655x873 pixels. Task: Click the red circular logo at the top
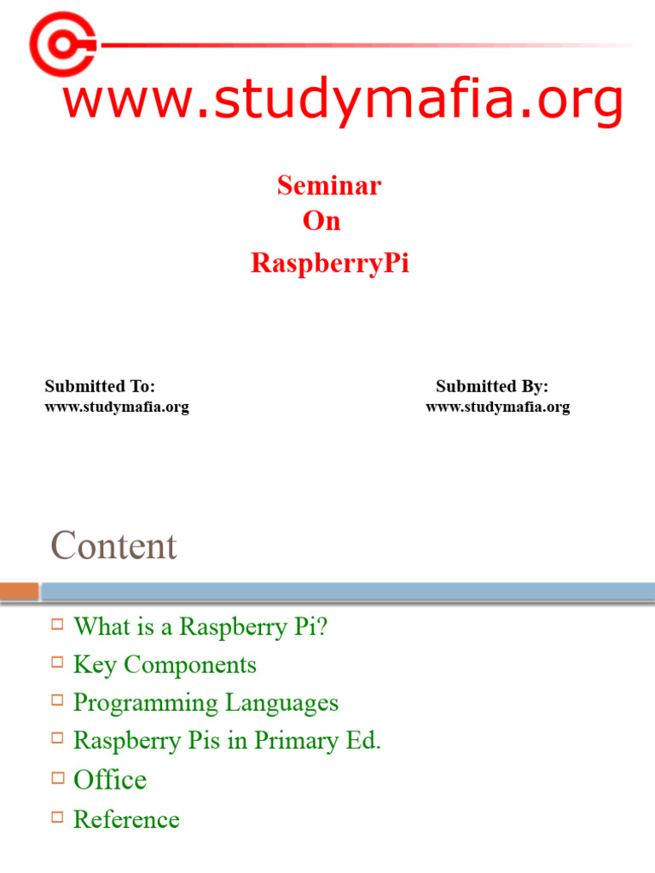[62, 43]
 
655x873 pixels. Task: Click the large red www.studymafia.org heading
[343, 101]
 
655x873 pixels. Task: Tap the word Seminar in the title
[329, 185]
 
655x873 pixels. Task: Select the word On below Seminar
[322, 221]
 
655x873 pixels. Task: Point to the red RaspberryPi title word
[330, 263]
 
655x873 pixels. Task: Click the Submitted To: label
[100, 386]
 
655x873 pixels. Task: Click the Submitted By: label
[492, 386]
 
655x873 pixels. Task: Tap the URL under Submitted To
[117, 407]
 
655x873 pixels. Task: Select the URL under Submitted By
[498, 407]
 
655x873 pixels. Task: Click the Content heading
[113, 546]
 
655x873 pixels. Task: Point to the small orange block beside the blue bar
[20, 591]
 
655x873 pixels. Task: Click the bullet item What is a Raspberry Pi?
[200, 627]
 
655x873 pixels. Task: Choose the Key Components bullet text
[165, 664]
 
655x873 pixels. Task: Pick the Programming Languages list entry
[206, 702]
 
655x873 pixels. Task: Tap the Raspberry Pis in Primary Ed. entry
[227, 740]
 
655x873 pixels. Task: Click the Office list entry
[110, 779]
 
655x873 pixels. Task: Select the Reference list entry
[126, 819]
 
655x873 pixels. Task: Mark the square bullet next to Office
[58, 777]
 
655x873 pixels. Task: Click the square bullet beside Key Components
[58, 662]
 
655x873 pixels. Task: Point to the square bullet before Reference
[58, 817]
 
